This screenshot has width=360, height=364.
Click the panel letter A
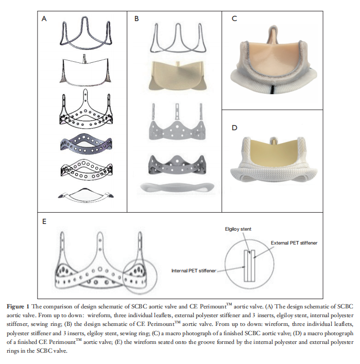pos(44,19)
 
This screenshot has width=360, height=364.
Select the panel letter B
pos(136,19)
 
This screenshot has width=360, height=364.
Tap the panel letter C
pos(234,19)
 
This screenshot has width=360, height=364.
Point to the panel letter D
pos(234,128)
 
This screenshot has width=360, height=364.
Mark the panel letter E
pos(44,221)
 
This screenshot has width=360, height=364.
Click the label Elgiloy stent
pos(238,229)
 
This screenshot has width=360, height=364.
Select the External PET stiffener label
pos(294,243)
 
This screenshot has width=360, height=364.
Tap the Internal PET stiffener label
pos(194,271)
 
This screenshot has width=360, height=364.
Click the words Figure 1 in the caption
pos(18,307)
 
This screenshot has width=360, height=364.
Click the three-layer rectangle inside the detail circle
pos(249,266)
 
